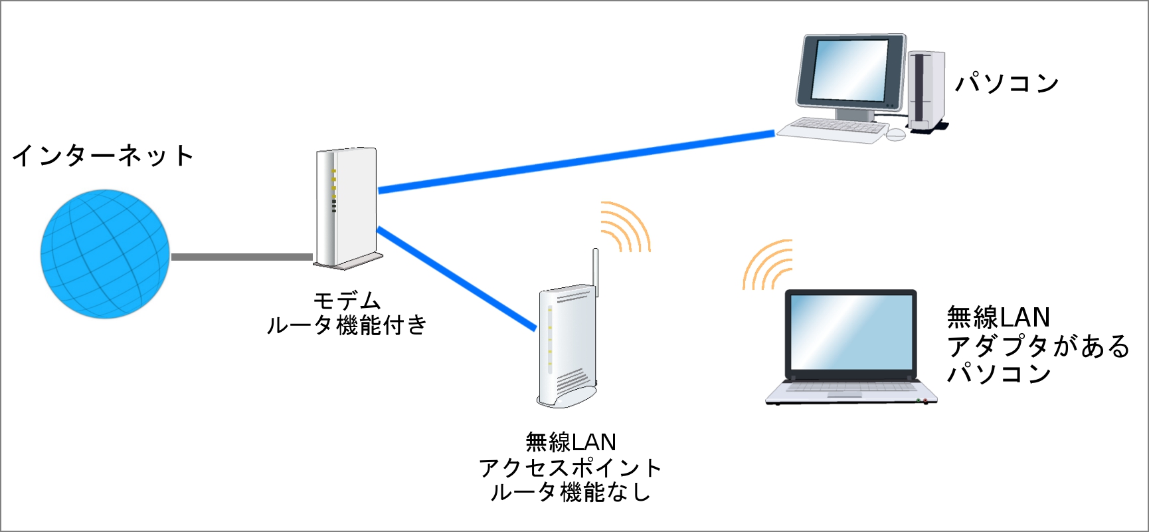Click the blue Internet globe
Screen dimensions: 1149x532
105,254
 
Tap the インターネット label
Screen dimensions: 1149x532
103,156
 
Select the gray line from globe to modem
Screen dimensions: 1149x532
242,257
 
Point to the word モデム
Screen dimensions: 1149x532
347,301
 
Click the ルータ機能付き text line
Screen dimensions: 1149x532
347,325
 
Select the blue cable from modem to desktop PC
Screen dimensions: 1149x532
576,162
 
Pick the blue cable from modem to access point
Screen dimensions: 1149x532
456,278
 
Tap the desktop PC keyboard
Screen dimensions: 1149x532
832,129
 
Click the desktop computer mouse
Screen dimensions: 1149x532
895,134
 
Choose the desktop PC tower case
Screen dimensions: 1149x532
927,91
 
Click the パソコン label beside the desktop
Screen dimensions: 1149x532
1007,83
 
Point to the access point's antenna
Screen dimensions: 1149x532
596,273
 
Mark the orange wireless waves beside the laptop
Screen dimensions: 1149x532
768,265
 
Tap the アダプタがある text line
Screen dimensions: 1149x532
1038,346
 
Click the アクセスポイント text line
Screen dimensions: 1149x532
570,468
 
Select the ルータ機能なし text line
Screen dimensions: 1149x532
570,492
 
